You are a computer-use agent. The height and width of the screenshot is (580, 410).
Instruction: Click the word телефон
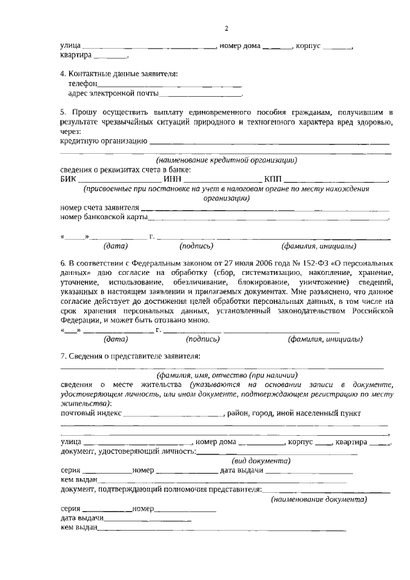pos(83,84)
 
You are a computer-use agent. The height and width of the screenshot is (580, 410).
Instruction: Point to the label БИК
pos(68,179)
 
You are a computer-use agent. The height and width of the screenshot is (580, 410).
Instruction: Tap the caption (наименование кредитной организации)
pos(225,160)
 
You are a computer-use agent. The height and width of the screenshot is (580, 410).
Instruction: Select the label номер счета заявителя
pos(99,208)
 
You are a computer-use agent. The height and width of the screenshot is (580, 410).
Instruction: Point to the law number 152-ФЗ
pos(278,263)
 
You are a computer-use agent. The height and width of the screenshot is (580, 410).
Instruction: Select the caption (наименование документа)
pos(319,499)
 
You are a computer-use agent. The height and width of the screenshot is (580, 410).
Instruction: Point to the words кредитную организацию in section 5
pos(103,141)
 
